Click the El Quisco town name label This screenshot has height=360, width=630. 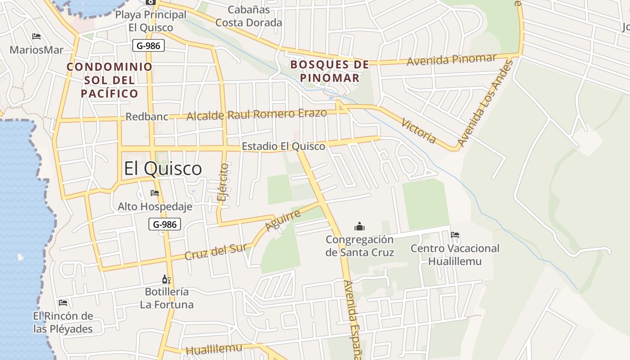pyautogui.click(x=163, y=169)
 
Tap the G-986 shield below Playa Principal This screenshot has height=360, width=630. pyautogui.click(x=148, y=45)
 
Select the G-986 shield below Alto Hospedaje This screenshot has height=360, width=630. pyautogui.click(x=165, y=224)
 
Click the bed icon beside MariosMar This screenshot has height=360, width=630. pyautogui.click(x=36, y=36)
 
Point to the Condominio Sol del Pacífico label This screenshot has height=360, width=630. pyautogui.click(x=109, y=80)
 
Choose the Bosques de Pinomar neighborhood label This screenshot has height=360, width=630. pyautogui.click(x=330, y=71)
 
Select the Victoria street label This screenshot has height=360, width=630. pyautogui.click(x=419, y=131)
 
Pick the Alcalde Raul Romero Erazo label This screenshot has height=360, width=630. pyautogui.click(x=256, y=114)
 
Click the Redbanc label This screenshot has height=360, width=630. pyautogui.click(x=147, y=117)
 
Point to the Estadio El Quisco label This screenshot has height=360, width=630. pyautogui.click(x=283, y=146)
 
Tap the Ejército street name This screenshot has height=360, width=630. pyautogui.click(x=223, y=181)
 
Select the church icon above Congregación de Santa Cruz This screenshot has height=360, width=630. pyautogui.click(x=359, y=226)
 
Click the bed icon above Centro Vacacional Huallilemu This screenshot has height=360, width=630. pyautogui.click(x=455, y=235)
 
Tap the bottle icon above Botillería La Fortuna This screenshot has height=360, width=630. pyautogui.click(x=166, y=279)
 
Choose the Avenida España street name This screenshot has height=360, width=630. pyautogui.click(x=352, y=319)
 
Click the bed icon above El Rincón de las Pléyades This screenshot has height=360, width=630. pyautogui.click(x=63, y=303)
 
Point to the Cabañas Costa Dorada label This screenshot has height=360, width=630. pyautogui.click(x=248, y=16)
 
